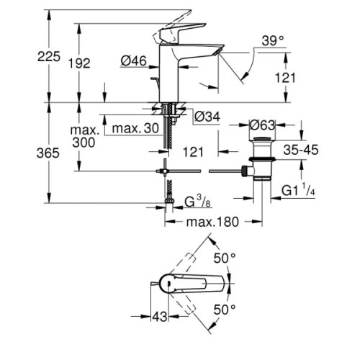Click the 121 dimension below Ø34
click(193, 151)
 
